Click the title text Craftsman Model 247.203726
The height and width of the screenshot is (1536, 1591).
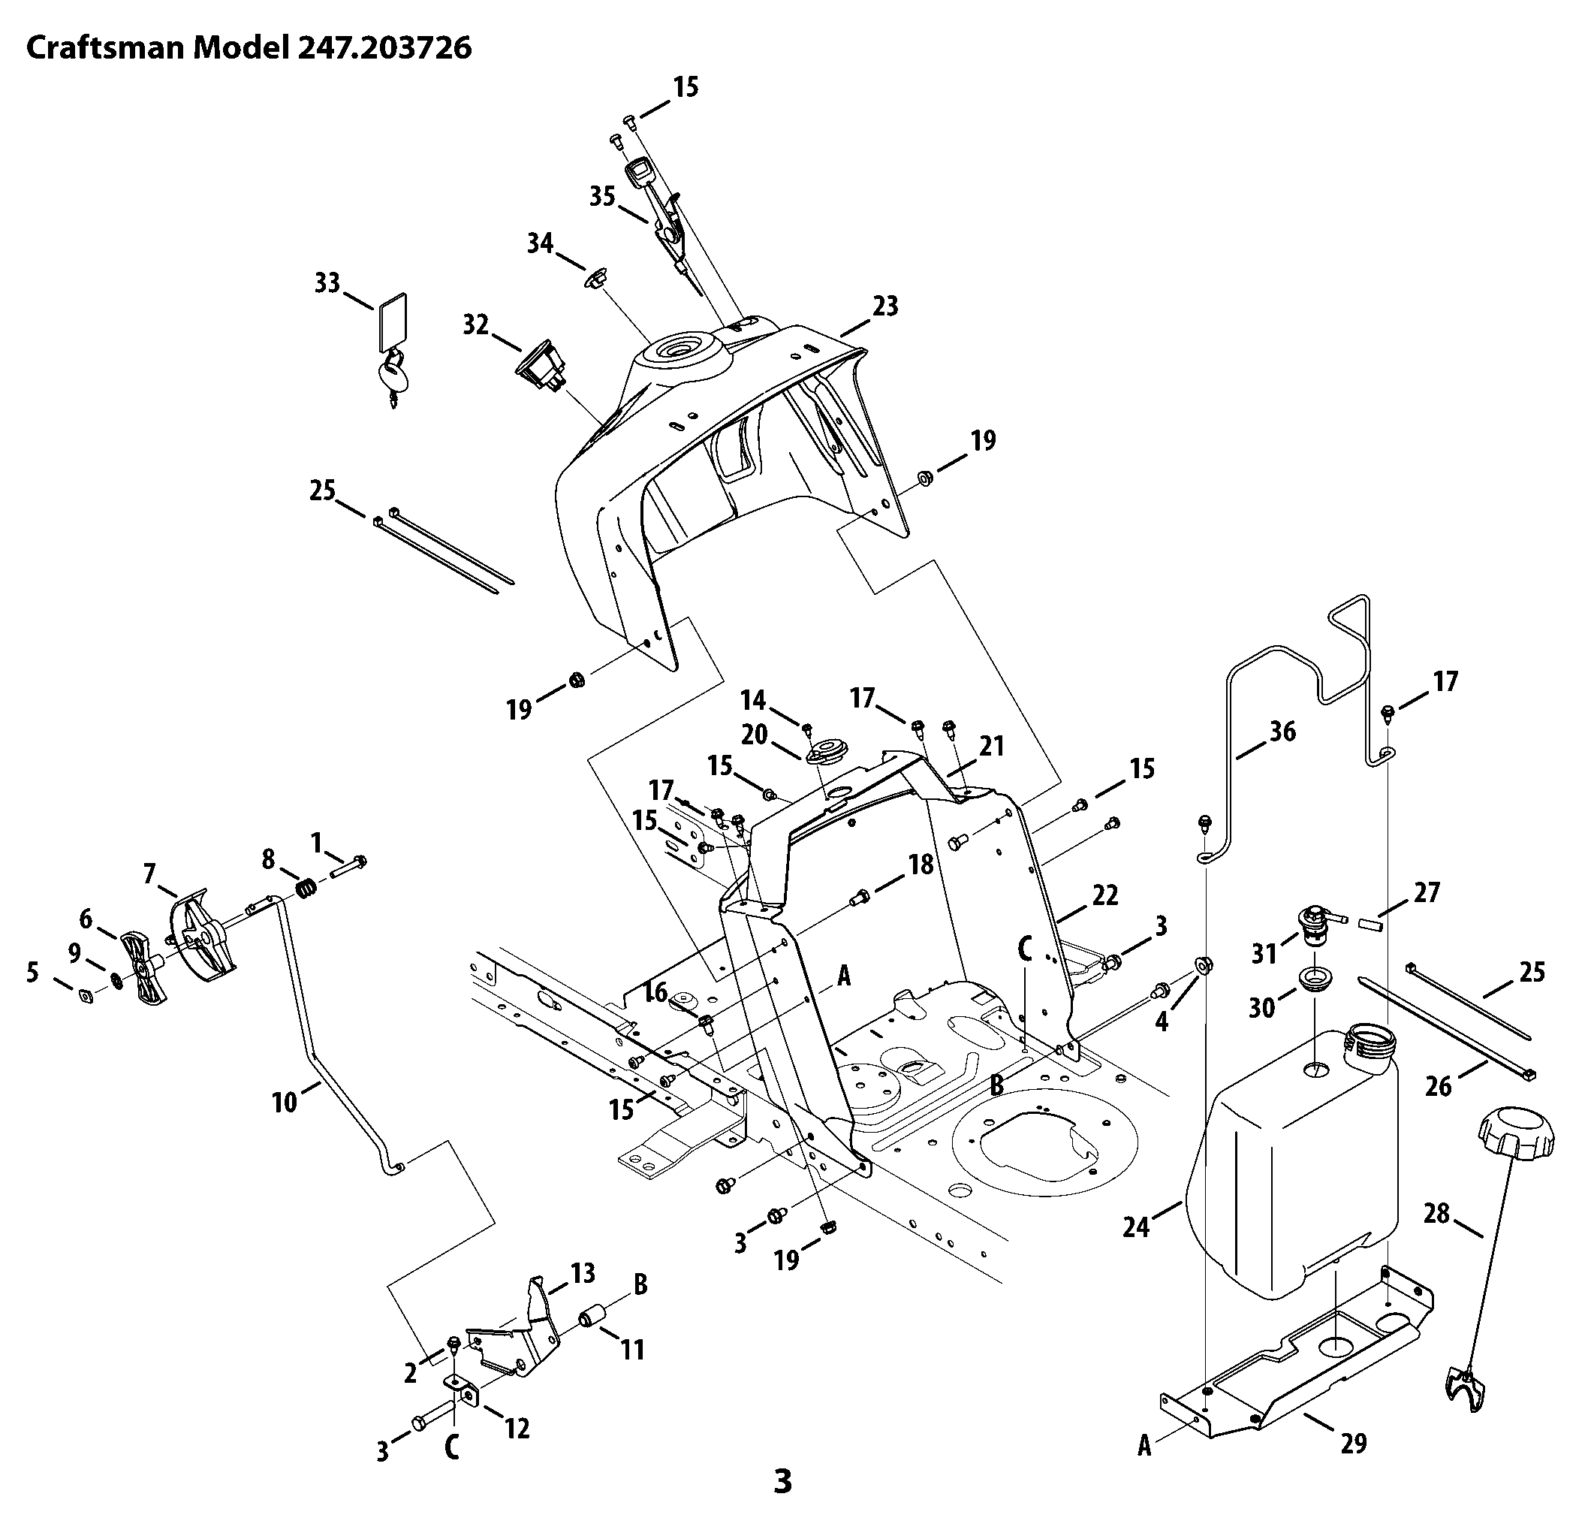[249, 48]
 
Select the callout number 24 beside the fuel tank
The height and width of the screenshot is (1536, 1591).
[1137, 1227]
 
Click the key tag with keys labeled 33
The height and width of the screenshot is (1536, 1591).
[392, 350]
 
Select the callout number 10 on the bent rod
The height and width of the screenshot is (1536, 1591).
[284, 1103]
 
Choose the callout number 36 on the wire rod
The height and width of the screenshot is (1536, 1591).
[1282, 732]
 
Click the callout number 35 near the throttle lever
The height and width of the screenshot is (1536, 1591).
[602, 197]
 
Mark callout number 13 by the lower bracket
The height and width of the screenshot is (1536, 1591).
[583, 1272]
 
